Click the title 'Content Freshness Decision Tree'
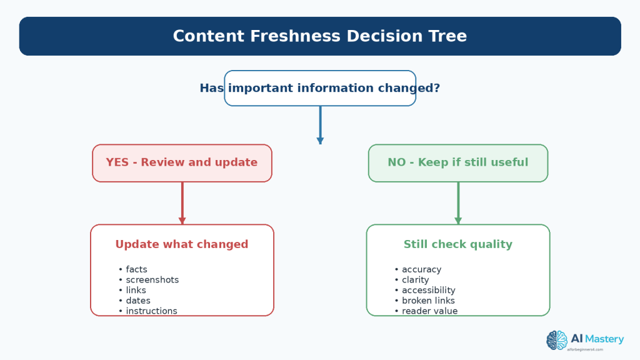319,36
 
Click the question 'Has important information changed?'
319,88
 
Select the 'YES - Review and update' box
182,163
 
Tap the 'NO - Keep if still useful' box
458,163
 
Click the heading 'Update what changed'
182,244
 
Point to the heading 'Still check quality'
458,244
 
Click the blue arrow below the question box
321,125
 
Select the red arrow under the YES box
182,203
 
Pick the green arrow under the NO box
458,203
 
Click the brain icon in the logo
557,341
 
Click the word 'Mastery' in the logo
604,339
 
